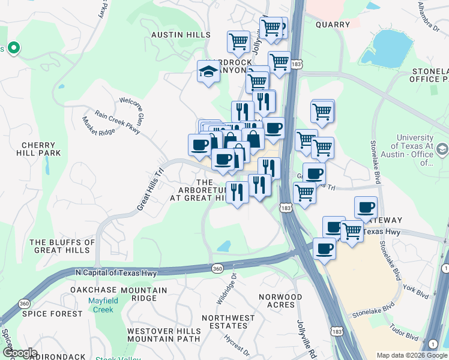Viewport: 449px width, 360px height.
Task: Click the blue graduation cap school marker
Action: (x=208, y=71)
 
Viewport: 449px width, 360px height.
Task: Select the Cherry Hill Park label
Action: (x=41, y=149)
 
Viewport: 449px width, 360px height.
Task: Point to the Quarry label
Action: (x=332, y=25)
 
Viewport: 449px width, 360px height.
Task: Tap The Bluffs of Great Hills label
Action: (x=62, y=246)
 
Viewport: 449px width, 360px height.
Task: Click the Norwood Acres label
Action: (x=280, y=301)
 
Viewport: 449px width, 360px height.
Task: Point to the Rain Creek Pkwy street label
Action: (x=116, y=121)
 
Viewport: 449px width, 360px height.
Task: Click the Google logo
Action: (x=20, y=353)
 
